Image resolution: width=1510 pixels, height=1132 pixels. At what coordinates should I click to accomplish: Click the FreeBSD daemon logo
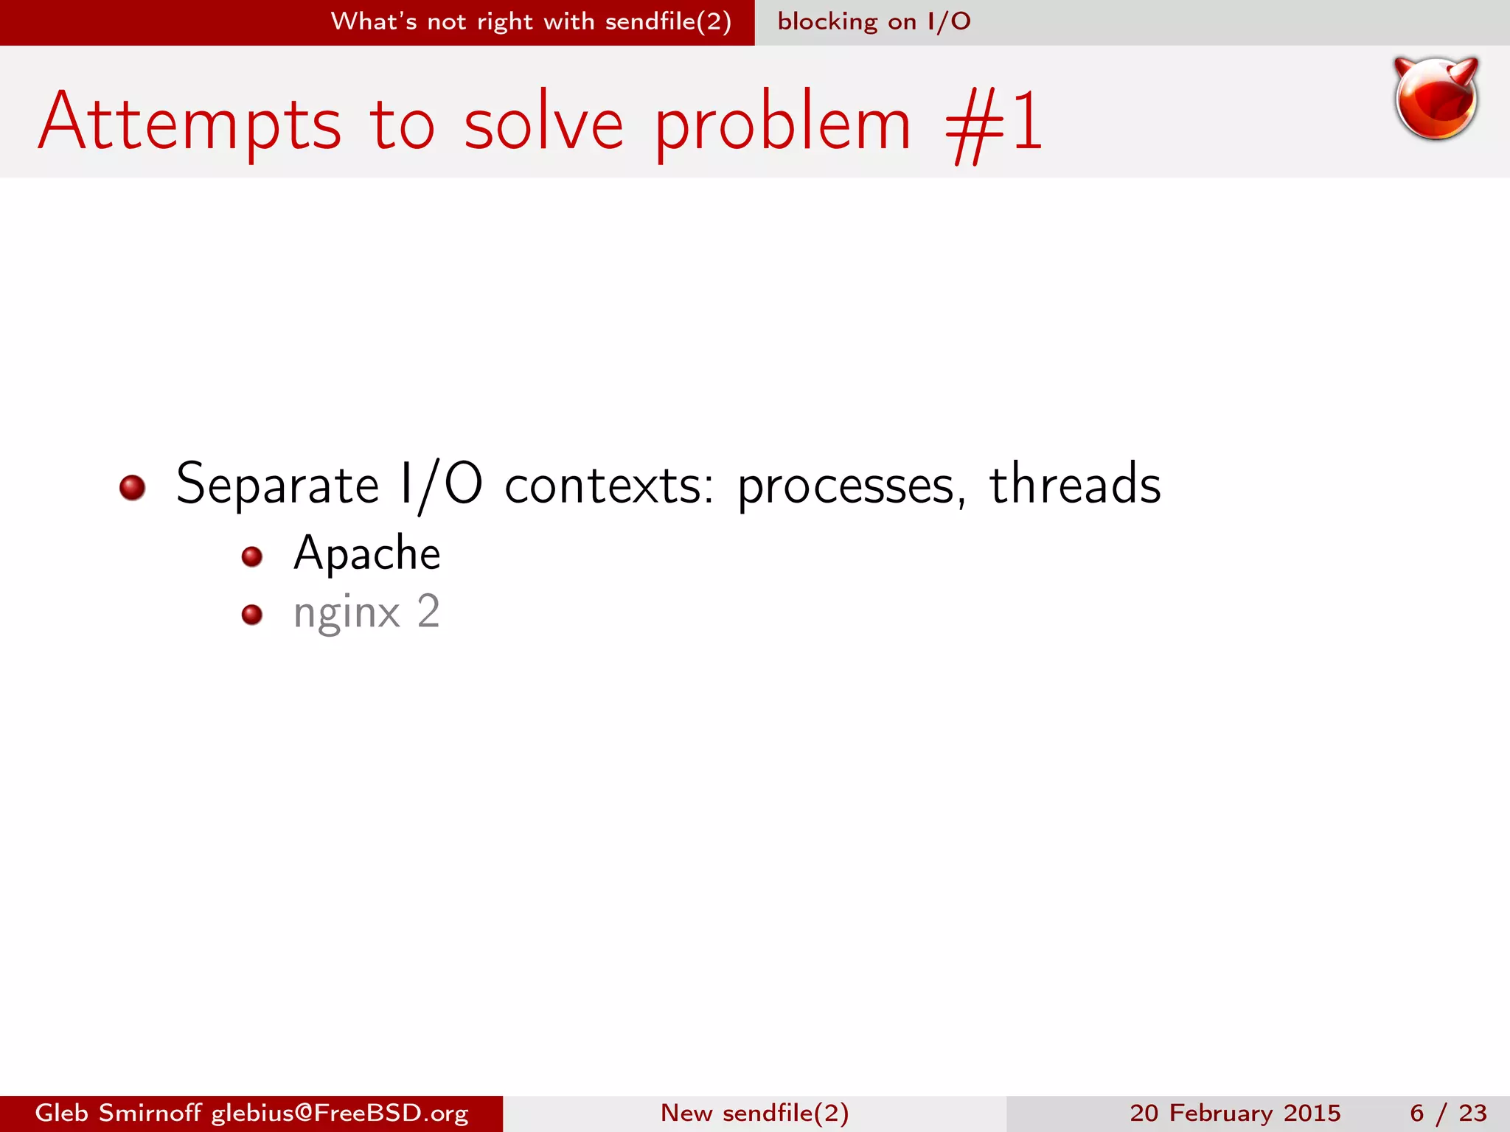coord(1436,99)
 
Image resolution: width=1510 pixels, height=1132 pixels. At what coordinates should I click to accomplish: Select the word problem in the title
coord(782,123)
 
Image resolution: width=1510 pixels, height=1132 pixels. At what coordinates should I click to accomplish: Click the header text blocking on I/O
coord(874,21)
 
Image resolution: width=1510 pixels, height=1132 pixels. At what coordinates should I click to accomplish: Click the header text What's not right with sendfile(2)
coord(531,21)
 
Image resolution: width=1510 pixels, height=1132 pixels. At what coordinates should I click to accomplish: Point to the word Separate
coord(277,485)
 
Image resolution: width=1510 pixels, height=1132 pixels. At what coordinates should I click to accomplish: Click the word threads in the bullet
coord(1074,485)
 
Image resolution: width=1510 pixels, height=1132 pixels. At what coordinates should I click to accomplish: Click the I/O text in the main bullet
coord(440,485)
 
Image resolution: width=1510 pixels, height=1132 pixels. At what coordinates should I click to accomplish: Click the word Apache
coord(366,553)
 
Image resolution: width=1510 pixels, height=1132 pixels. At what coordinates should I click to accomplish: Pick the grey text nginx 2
coord(366,613)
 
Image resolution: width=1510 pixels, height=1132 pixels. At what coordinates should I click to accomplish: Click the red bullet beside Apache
coord(252,556)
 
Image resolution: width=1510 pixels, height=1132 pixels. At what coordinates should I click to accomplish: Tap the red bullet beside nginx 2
coord(252,615)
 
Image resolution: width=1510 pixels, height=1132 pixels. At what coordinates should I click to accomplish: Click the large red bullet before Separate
coord(133,487)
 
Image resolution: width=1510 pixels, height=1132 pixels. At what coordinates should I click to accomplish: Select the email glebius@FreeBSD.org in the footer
coord(340,1113)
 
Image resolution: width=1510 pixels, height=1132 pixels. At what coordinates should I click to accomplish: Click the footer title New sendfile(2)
coord(754,1113)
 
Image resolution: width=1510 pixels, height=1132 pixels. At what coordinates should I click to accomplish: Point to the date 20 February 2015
coord(1235,1113)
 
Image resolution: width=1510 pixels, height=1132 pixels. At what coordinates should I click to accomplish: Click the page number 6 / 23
coord(1448,1113)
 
